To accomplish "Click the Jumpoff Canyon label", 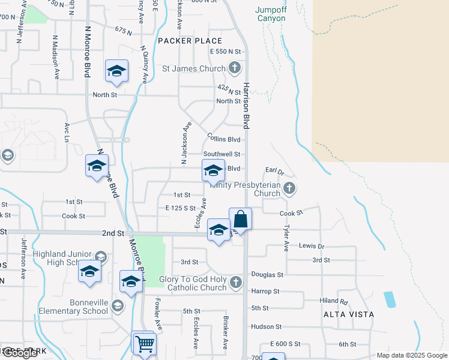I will click(271, 14).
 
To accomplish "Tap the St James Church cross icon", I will click(235, 68).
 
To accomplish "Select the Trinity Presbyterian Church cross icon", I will click(289, 188).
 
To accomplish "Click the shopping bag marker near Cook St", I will click(240, 220).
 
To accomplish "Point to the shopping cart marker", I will click(144, 344).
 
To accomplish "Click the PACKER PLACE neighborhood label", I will click(190, 41).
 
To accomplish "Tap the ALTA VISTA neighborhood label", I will click(349, 314).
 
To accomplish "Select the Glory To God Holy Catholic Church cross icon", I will click(236, 282).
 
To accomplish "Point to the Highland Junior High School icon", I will click(100, 257).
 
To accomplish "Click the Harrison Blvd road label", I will click(246, 106).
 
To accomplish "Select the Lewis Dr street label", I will click(312, 246).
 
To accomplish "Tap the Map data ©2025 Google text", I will click(411, 355).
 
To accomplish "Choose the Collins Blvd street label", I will click(224, 139).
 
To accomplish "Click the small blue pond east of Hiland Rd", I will click(390, 299).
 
